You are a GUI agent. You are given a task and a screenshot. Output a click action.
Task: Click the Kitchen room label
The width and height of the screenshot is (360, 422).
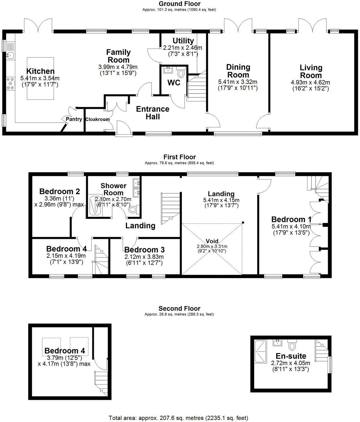40,71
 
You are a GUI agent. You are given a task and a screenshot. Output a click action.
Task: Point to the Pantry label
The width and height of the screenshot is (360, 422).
74,119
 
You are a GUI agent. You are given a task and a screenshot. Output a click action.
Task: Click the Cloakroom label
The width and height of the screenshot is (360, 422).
97,119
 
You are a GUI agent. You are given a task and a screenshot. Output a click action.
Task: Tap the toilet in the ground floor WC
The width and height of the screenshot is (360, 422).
181,73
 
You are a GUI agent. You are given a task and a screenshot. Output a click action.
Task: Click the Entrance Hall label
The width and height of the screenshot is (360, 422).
153,113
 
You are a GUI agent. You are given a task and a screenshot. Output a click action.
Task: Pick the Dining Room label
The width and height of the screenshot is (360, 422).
238,71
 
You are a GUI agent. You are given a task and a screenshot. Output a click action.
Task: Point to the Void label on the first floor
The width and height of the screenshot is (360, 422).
212,241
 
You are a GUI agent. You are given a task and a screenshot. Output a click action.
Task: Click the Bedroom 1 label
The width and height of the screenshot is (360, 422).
291,219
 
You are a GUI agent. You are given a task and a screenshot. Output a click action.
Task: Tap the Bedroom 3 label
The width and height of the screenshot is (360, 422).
144,250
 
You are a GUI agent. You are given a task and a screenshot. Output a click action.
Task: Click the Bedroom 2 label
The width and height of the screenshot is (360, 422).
59,191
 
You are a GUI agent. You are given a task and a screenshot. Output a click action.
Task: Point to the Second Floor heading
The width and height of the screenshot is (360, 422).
179,308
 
